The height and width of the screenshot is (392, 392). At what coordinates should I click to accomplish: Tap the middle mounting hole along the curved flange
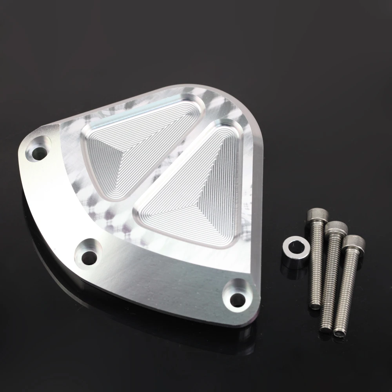tap(89, 257)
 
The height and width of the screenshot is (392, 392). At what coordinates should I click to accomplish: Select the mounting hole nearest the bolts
tap(236, 300)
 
